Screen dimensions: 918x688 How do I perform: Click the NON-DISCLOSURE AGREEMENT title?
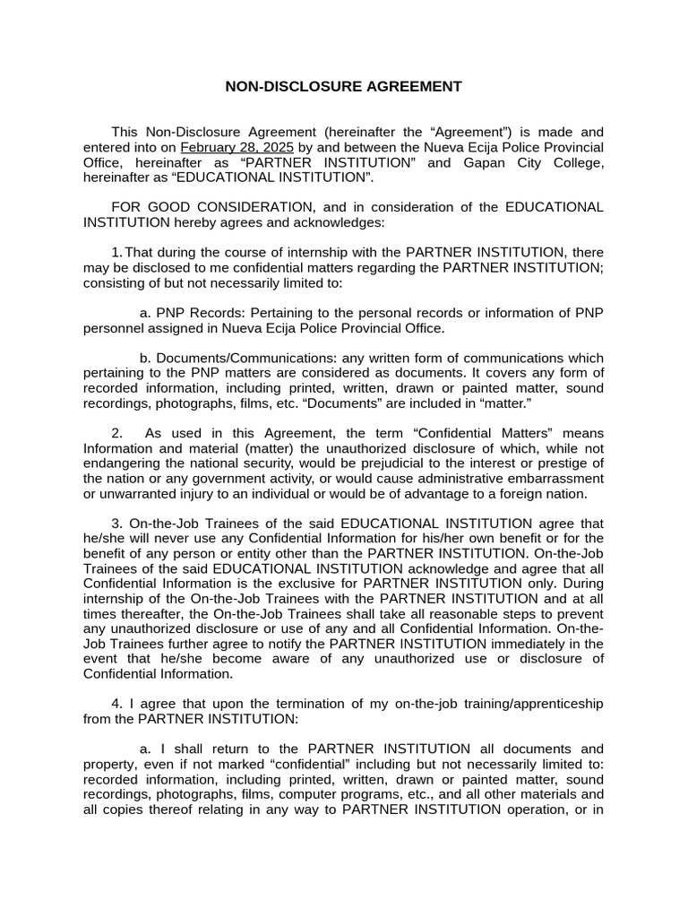point(343,87)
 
